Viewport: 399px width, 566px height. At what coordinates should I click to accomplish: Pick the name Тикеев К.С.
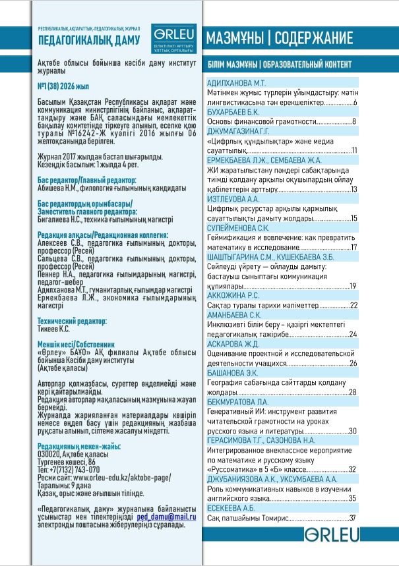58,328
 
